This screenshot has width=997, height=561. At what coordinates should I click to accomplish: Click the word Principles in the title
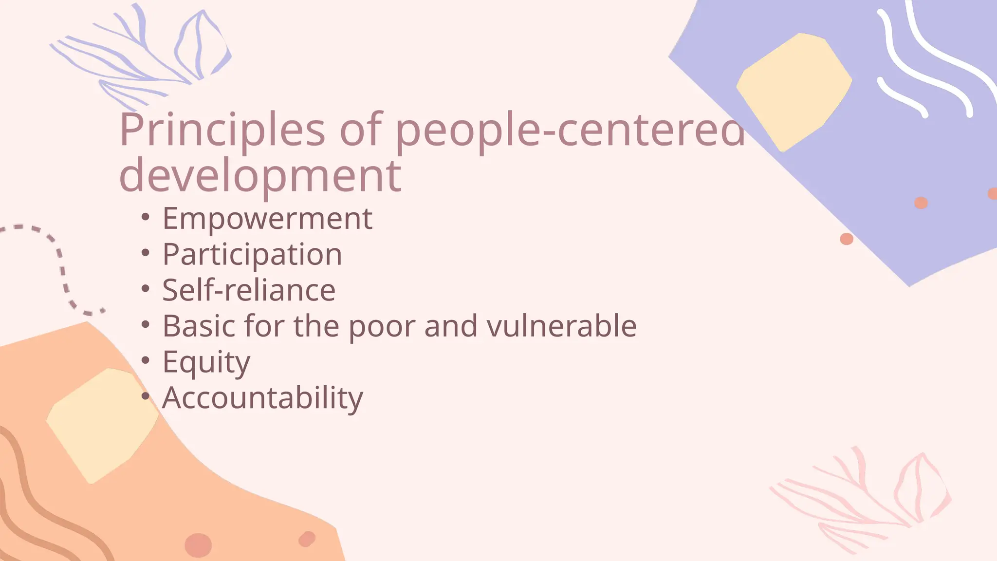tap(222, 130)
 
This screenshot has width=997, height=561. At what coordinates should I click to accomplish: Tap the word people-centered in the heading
tap(570, 130)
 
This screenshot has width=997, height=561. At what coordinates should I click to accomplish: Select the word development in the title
tap(260, 175)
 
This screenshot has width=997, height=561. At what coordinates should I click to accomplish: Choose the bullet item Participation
tap(252, 254)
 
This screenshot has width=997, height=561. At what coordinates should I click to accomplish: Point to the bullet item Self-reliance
tap(249, 290)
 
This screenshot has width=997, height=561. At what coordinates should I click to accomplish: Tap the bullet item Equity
tap(206, 362)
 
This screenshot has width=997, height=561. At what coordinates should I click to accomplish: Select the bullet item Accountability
tap(262, 398)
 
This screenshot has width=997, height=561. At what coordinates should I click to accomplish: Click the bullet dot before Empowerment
tap(145, 217)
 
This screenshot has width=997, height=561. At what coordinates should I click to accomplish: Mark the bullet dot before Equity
tap(145, 361)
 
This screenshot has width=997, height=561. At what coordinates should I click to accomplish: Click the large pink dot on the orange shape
tap(198, 544)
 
